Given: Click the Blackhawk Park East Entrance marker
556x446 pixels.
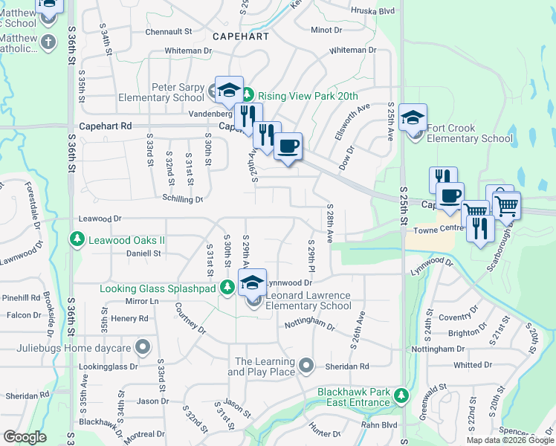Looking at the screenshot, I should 401,393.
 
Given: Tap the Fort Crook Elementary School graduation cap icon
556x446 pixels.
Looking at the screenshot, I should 413,117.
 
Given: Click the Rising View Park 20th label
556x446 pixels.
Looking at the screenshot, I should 307,96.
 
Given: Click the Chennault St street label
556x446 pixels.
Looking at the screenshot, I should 169,32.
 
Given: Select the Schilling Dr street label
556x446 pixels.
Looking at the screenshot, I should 183,199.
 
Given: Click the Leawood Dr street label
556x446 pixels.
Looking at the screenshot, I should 100,219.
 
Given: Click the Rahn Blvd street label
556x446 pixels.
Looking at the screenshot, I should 379,425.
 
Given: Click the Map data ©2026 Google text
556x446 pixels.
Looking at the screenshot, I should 510,440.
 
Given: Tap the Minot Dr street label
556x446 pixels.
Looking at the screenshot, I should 326,30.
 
